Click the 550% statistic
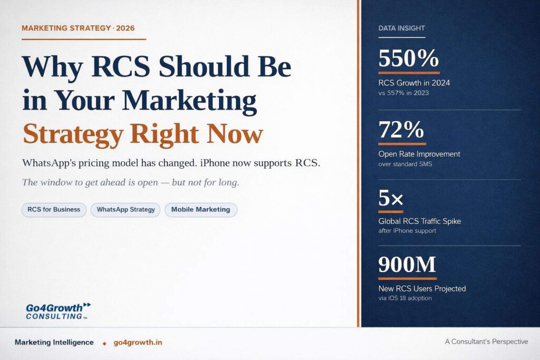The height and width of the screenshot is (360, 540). click(x=409, y=58)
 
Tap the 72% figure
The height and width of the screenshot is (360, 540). click(x=401, y=130)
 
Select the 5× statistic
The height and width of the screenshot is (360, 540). click(x=391, y=198)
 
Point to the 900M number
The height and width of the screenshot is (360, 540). click(x=407, y=264)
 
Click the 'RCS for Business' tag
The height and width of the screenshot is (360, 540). click(x=54, y=210)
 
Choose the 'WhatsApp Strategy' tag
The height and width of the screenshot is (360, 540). click(x=126, y=210)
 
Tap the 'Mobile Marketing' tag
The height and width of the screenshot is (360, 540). click(x=201, y=210)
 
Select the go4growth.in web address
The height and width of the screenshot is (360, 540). click(x=138, y=343)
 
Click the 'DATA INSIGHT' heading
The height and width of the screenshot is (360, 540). click(x=401, y=28)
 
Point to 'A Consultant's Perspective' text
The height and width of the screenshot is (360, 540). click(x=486, y=342)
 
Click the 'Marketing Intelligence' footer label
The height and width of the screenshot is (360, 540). click(x=54, y=342)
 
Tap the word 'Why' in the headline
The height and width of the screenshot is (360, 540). click(x=53, y=66)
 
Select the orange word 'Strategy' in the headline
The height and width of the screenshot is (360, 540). click(x=73, y=134)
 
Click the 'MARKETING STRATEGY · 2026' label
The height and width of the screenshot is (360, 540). click(x=78, y=28)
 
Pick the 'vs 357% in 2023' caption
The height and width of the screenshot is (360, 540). click(x=403, y=93)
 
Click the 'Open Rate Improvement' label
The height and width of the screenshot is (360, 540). click(x=419, y=154)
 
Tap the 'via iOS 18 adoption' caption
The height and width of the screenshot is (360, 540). click(x=405, y=298)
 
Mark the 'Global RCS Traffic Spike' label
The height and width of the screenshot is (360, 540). click(x=419, y=221)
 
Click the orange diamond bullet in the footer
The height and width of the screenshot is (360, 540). click(x=104, y=343)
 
